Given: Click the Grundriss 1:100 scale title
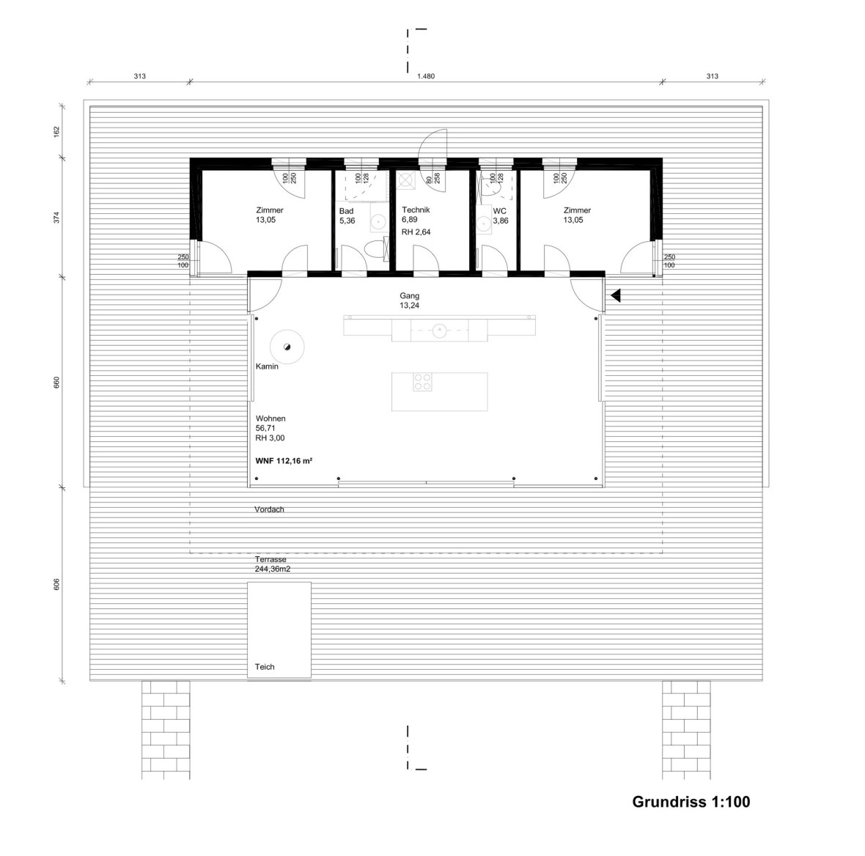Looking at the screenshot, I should [691, 802].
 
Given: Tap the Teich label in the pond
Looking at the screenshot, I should [265, 667].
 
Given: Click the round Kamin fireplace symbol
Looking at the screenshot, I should [287, 347].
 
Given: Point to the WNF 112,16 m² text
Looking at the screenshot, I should [284, 461].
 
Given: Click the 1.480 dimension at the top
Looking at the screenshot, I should [426, 76].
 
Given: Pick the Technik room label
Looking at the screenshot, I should [416, 210].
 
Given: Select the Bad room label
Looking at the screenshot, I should [346, 211].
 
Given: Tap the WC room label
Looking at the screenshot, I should [499, 211].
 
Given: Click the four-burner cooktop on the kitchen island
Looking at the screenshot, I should [422, 382].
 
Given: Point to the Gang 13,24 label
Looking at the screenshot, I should [409, 300].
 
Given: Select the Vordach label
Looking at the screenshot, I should [269, 509].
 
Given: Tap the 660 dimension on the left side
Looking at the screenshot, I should [56, 383].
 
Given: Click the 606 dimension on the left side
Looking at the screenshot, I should [56, 584].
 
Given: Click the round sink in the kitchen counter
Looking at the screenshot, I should [438, 330].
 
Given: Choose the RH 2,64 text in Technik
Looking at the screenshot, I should [416, 232].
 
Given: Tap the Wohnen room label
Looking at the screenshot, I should [270, 419].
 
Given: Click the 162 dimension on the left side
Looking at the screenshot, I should [56, 131].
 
